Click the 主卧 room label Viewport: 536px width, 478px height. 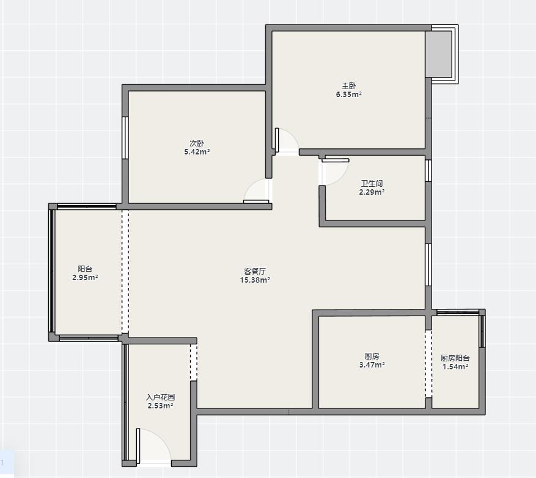348,86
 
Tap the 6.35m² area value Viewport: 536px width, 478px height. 348,95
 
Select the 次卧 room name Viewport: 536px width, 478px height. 197,143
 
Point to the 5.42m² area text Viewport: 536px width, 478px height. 197,152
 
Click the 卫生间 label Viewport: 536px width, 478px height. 372,183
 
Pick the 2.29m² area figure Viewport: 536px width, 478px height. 372,192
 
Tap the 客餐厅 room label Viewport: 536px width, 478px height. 255,272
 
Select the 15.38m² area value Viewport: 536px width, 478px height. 255,280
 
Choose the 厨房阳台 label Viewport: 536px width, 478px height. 455,358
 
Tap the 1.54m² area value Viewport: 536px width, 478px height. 455,367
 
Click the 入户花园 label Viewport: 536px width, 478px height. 160,397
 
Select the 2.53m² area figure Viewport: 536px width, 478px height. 160,406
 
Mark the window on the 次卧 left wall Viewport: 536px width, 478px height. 125,138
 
